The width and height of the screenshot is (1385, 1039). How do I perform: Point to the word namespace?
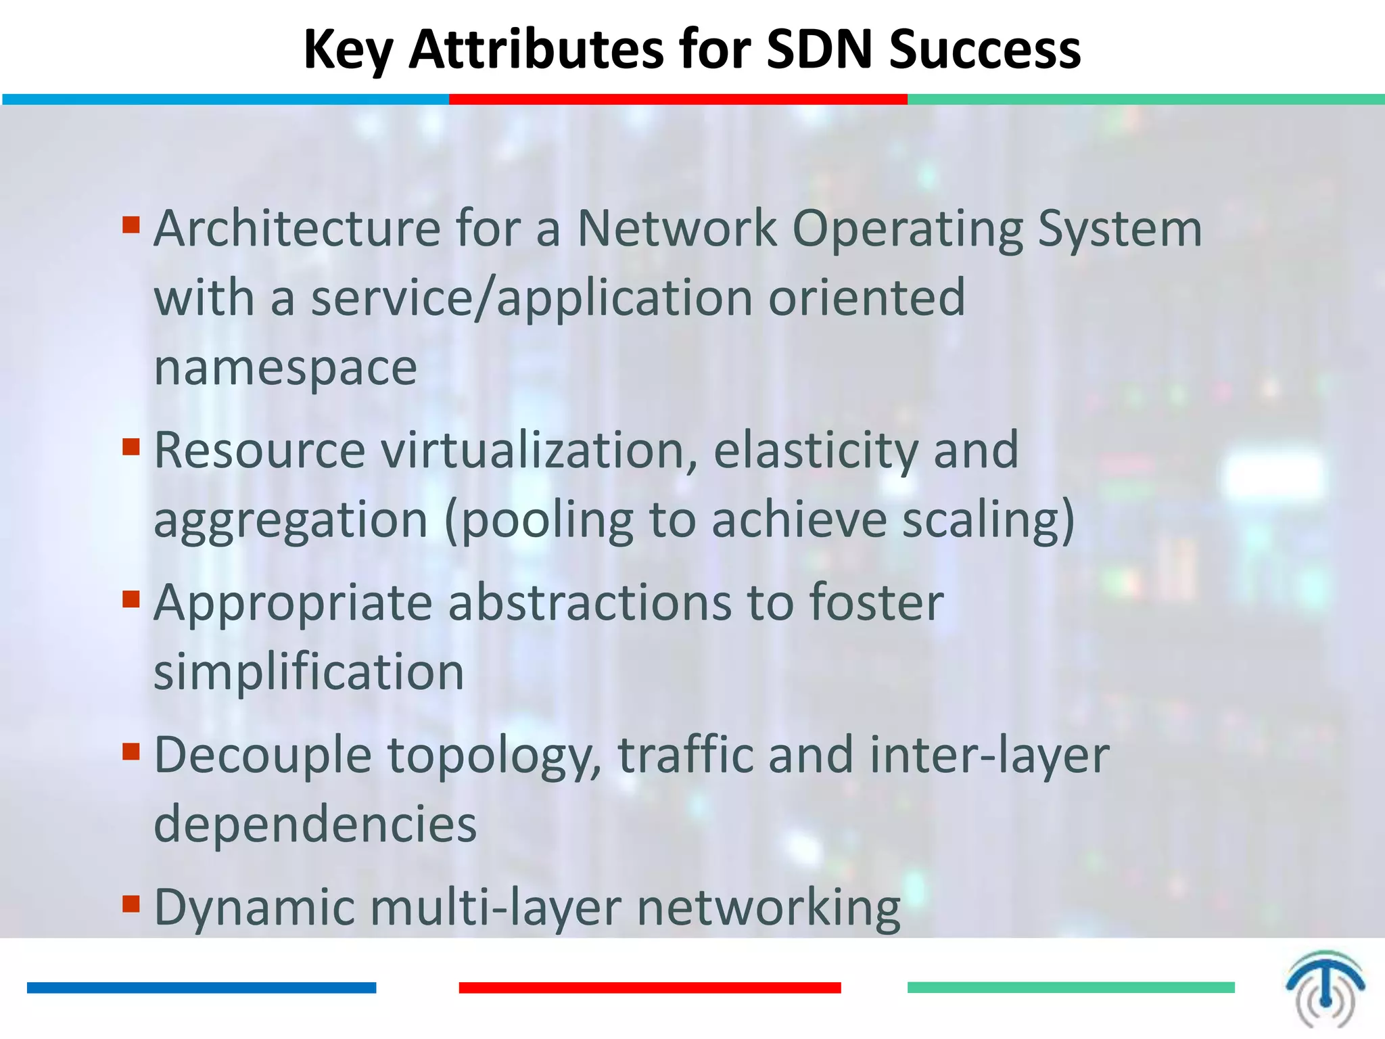pyautogui.click(x=285, y=369)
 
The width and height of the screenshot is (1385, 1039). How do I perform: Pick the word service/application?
pyautogui.click(x=532, y=299)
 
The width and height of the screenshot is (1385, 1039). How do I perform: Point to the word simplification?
pyautogui.click(x=309, y=672)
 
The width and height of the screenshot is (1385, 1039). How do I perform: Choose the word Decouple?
pyautogui.click(x=263, y=756)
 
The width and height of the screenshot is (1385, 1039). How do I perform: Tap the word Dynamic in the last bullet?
pyautogui.click(x=254, y=908)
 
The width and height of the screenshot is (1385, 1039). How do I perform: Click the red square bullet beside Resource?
pyautogui.click(x=131, y=446)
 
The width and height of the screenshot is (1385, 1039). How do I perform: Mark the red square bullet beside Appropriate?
pyautogui.click(x=131, y=599)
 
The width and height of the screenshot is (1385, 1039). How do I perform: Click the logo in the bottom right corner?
pyautogui.click(x=1325, y=988)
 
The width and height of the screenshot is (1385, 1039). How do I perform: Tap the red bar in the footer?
pyautogui.click(x=649, y=988)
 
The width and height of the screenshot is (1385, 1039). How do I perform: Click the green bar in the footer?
pyautogui.click(x=1071, y=988)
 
